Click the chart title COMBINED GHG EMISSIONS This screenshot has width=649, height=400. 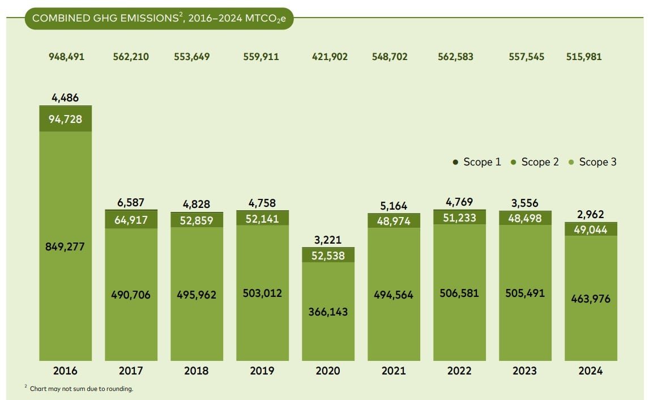[159, 18]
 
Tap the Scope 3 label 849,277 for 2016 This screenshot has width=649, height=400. [65, 247]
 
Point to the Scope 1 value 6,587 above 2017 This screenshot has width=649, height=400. [131, 202]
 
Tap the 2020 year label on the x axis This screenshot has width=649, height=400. [328, 371]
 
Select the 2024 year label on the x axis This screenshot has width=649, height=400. [591, 371]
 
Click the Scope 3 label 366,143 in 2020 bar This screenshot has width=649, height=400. [328, 312]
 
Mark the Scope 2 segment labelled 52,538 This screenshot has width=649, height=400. [328, 255]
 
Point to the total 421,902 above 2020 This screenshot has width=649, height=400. [330, 57]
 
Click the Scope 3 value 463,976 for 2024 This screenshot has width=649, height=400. [591, 299]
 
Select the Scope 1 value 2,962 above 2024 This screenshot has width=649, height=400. [591, 215]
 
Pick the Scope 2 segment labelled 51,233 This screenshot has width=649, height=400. [459, 218]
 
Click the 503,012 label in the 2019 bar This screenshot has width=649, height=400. [262, 293]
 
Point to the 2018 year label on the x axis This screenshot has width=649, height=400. [197, 371]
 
